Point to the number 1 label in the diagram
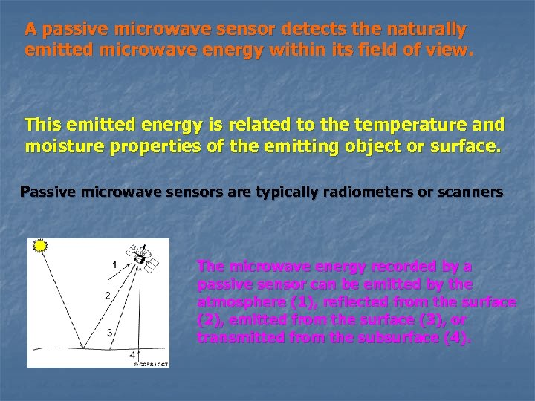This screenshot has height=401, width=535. pyautogui.click(x=114, y=264)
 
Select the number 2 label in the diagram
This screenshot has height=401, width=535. pyautogui.click(x=108, y=296)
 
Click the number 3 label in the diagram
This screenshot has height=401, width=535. pyautogui.click(x=108, y=333)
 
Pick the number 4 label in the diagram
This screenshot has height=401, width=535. pyautogui.click(x=132, y=354)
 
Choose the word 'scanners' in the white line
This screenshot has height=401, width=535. pyautogui.click(x=470, y=192)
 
